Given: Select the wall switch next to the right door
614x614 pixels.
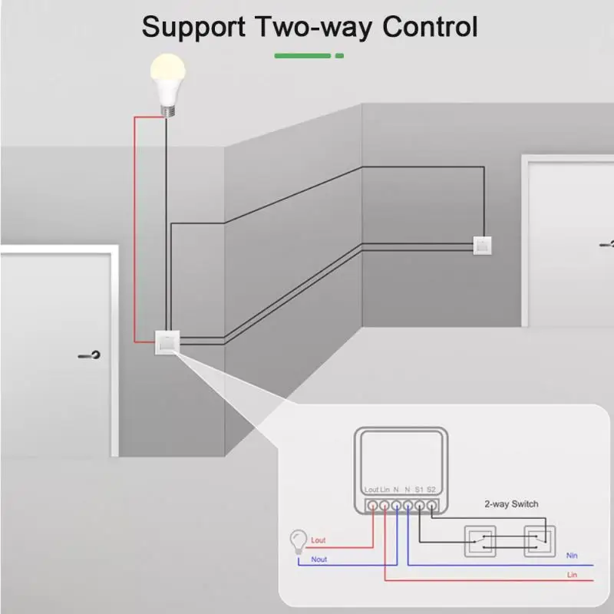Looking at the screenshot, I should (x=482, y=246).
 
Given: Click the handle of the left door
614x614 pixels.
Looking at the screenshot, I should (x=90, y=355).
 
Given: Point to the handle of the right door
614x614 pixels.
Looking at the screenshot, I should (x=607, y=244).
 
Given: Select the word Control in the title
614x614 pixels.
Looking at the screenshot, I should (x=430, y=27).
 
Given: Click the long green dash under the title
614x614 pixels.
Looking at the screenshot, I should (x=302, y=55).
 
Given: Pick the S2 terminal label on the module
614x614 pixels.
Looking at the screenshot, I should (x=431, y=489).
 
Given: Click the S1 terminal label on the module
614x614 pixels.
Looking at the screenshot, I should (x=419, y=489).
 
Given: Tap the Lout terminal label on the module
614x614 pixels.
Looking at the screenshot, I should (x=371, y=489).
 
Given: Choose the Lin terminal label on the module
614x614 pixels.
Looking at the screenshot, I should (x=385, y=489).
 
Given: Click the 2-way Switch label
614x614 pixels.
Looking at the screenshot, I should (x=511, y=504).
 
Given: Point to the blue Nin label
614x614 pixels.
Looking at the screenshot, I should (x=571, y=555).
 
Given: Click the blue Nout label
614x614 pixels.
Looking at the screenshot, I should (x=319, y=560).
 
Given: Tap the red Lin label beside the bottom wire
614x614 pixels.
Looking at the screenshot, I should (x=571, y=575).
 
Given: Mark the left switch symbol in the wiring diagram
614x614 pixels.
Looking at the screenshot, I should (x=480, y=540).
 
